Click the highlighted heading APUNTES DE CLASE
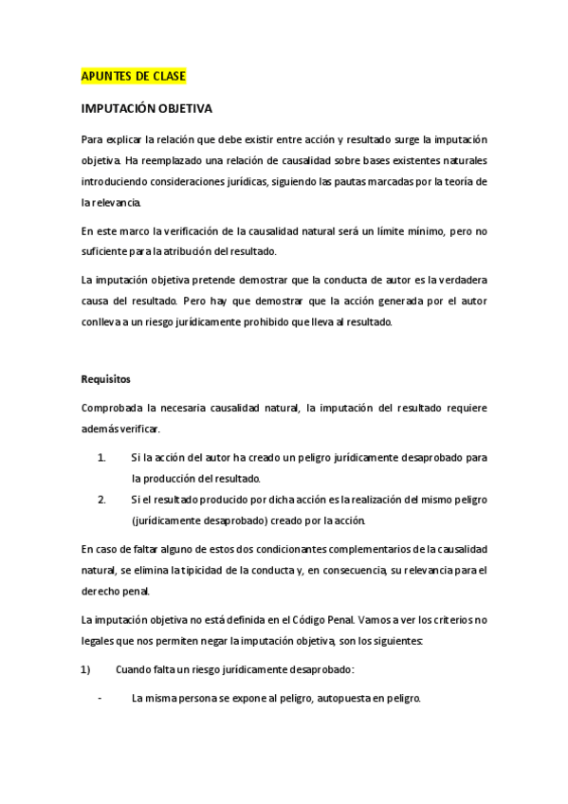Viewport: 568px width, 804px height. [x=133, y=74]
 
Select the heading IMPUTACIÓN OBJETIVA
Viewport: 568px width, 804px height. [x=146, y=109]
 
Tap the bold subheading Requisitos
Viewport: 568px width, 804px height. [x=105, y=378]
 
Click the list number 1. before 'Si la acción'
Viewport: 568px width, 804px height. [x=101, y=457]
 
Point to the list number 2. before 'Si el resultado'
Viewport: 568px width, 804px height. [x=101, y=499]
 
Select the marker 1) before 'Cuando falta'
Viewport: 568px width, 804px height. [x=85, y=669]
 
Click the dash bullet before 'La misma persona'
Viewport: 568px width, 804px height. [x=100, y=699]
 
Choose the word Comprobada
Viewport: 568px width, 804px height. [x=113, y=408]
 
